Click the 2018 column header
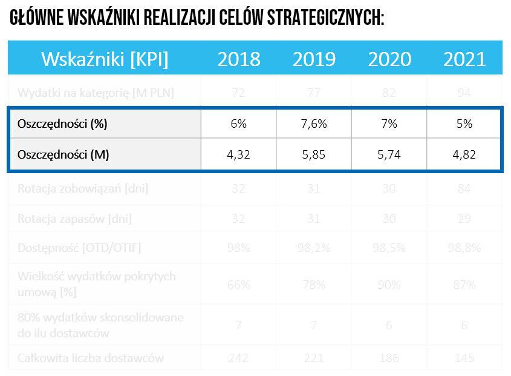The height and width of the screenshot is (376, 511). tap(239, 59)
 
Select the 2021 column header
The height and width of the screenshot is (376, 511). tap(464, 59)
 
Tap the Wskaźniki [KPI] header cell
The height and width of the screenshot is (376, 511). tap(105, 59)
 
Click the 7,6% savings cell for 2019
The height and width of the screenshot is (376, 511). tap(314, 124)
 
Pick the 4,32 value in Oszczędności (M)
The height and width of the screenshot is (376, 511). tap(239, 154)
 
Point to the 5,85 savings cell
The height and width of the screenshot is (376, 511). tap(314, 154)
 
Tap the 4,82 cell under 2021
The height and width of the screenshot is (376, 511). tap(464, 154)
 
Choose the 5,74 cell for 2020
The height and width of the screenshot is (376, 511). tap(389, 154)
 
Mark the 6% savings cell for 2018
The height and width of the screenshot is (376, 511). tap(239, 124)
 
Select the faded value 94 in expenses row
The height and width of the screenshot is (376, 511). tap(464, 93)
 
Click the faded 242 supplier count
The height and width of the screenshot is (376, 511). tap(239, 358)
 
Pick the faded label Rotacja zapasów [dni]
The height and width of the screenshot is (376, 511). tap(74, 219)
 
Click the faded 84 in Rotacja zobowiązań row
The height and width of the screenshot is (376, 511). tap(464, 188)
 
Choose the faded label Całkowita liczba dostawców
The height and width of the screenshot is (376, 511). tap(91, 358)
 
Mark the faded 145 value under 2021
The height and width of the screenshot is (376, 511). tap(464, 358)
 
